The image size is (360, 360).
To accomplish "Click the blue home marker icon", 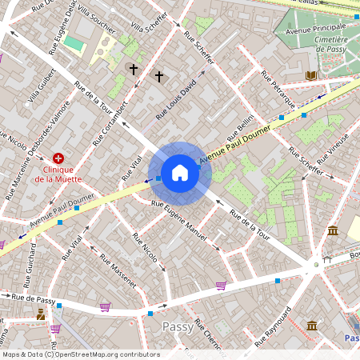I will pos(180,172).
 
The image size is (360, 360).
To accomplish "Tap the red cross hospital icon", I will pos(57,159).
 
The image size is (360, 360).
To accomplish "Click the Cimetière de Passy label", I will pos(331,44).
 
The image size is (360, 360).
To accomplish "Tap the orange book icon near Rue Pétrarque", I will pos(310,75).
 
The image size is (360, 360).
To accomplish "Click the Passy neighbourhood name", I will pos(178,326).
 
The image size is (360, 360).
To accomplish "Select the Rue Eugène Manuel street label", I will pos(180,221).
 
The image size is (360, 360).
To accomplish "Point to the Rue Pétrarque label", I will pos(278,90).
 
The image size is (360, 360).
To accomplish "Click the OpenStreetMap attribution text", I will pos(81,354).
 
